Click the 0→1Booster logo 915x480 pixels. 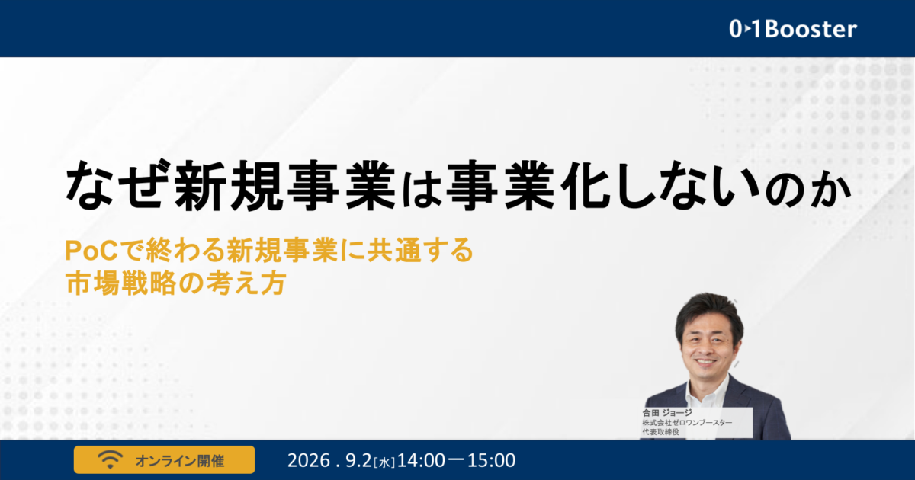tap(793, 30)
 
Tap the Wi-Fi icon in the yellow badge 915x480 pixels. tap(110, 460)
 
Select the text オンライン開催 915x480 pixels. tap(180, 461)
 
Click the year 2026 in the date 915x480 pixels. tap(308, 460)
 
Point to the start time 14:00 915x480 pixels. tap(421, 460)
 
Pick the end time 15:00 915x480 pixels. tap(491, 460)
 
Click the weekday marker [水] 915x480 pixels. tap(384, 462)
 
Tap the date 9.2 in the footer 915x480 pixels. tap(358, 460)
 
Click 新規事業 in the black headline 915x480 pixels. tap(284, 186)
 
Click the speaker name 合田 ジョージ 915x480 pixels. tap(667, 413)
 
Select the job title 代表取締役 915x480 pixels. tap(660, 432)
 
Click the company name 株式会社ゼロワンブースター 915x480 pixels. tap(687, 422)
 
